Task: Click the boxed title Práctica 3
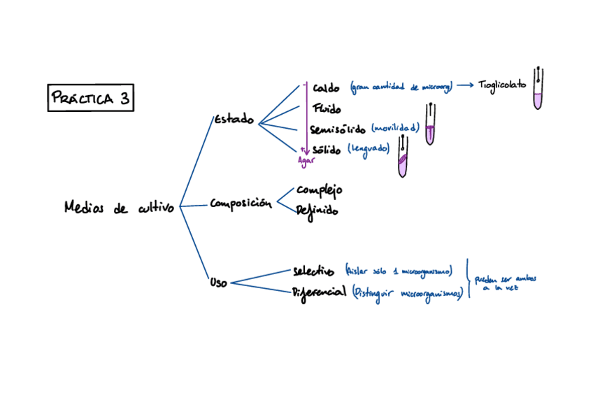pos(90,98)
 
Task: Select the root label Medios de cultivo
pos(118,207)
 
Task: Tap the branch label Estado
pos(234,119)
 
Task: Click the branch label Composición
pos(241,204)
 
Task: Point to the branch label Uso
pos(218,283)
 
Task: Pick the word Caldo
pos(327,87)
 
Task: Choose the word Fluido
pos(327,108)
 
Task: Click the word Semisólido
pos(337,129)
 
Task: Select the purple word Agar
pos(306,160)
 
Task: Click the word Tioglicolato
pos(503,85)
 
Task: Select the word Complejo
pos(320,190)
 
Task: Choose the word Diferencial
pos(320,292)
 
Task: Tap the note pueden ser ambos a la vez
pos(506,283)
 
